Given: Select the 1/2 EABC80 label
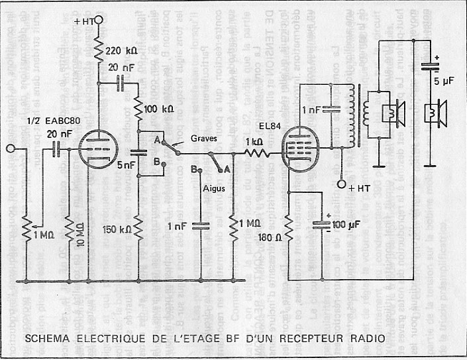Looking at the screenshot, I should tap(50, 121).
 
